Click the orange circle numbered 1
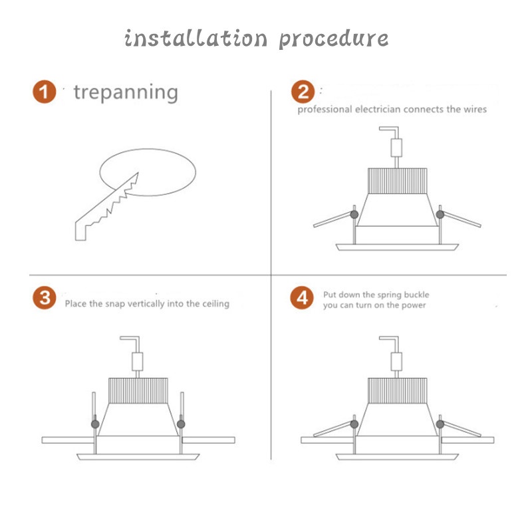(x=44, y=92)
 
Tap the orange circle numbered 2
(x=303, y=92)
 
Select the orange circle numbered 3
(x=44, y=298)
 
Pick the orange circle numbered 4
(x=302, y=298)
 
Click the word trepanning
(x=126, y=92)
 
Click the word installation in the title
(x=196, y=38)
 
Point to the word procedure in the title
(x=334, y=39)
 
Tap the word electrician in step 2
(x=378, y=109)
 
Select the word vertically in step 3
(x=146, y=304)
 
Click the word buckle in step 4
(x=416, y=295)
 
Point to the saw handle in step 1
(x=80, y=231)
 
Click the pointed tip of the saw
(x=138, y=173)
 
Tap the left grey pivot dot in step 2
(x=354, y=214)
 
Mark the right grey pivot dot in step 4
(x=440, y=424)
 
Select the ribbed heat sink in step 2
(x=397, y=181)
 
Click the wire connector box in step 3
(x=138, y=361)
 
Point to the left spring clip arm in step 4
(x=332, y=429)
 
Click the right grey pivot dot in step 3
(x=181, y=424)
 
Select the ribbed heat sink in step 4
(x=397, y=390)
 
